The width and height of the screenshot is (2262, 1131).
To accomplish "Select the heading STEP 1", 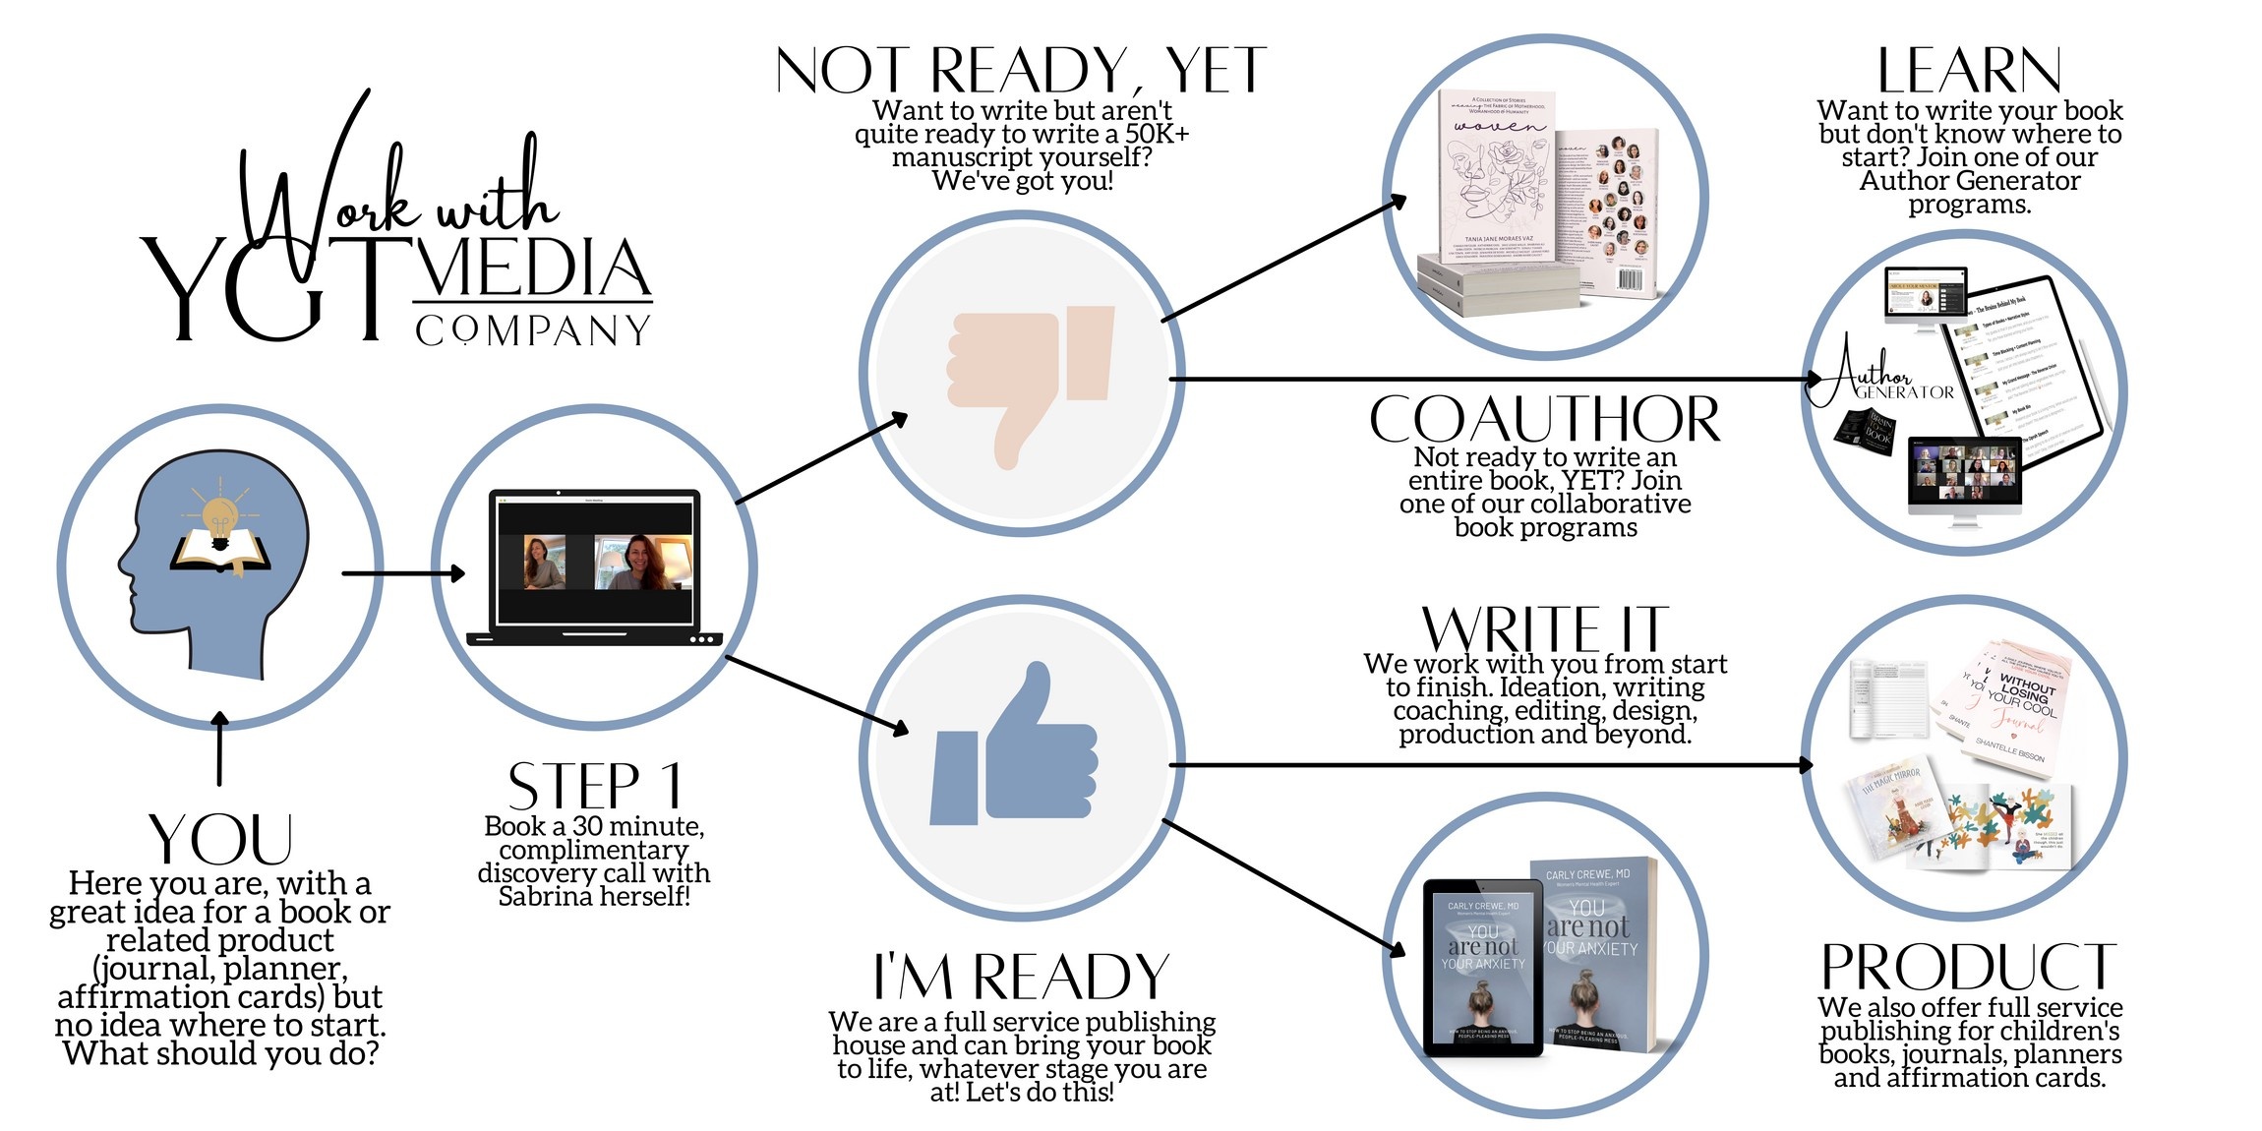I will [594, 786].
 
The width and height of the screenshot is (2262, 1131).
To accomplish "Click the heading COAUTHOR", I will [1544, 421].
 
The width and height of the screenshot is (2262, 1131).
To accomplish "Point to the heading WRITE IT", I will [1544, 628].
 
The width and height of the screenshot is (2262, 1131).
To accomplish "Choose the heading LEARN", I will [1969, 72].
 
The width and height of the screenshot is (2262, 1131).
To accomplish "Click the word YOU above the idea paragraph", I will [220, 840].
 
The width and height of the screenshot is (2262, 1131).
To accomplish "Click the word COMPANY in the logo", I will [532, 331].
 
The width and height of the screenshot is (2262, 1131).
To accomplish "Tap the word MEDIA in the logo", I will [532, 268].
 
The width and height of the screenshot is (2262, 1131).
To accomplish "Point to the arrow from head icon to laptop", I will [403, 572].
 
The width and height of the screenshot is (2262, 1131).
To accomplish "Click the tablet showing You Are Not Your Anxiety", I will [1483, 966].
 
